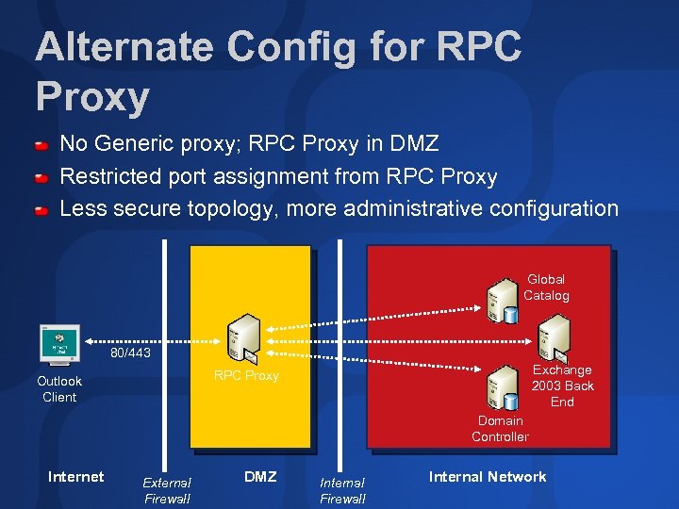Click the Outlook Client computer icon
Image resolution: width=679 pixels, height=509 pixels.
[59, 344]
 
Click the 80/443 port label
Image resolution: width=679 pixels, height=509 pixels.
[130, 353]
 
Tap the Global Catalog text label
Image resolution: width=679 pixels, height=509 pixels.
[546, 287]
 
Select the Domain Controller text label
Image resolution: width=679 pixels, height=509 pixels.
[500, 429]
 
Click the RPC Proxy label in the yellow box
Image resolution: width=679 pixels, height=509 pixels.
[246, 375]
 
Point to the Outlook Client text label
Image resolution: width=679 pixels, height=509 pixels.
[59, 389]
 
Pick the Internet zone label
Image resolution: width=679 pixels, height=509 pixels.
[75, 477]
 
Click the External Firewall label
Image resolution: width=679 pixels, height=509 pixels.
[167, 490]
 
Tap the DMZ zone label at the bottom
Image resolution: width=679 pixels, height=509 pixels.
[260, 477]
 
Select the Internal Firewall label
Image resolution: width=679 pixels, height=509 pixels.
[342, 490]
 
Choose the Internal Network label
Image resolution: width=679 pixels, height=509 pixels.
[488, 477]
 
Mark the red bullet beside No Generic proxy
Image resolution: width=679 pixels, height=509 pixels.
[42, 146]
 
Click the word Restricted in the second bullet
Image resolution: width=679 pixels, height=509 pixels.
[110, 176]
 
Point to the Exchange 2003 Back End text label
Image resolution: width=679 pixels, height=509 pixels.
[563, 386]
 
